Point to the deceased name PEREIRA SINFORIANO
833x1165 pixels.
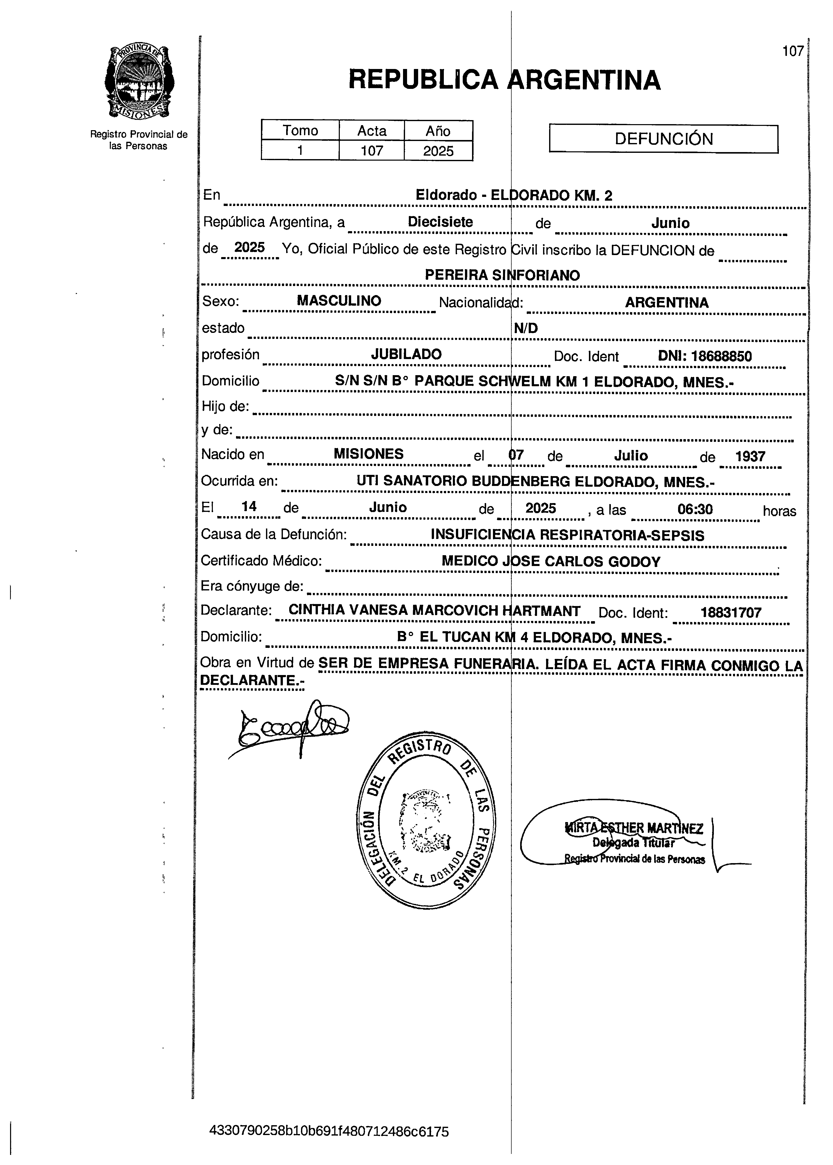tap(502, 275)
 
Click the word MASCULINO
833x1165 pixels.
tap(339, 301)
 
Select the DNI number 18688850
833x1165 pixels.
tap(705, 356)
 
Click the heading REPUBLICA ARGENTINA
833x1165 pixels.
tap(504, 80)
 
